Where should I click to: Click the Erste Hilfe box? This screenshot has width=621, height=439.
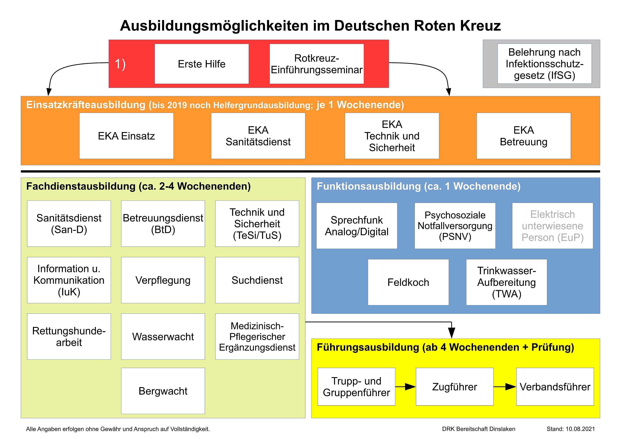201,64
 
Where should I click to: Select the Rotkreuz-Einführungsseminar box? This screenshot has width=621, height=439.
317,64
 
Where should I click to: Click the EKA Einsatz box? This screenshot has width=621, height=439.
126,136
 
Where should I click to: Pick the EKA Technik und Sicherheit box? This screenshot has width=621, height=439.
392,136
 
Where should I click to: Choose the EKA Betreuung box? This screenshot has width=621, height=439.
524,136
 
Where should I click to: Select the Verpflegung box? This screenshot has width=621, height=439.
163,280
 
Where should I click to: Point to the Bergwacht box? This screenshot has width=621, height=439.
163,391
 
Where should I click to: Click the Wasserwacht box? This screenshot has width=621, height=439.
163,337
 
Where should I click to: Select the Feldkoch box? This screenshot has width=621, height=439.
408,282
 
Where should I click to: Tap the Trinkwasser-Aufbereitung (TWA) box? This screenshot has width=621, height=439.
507,282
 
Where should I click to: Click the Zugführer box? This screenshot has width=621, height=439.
455,387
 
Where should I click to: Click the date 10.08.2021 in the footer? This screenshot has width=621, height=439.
580,429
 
